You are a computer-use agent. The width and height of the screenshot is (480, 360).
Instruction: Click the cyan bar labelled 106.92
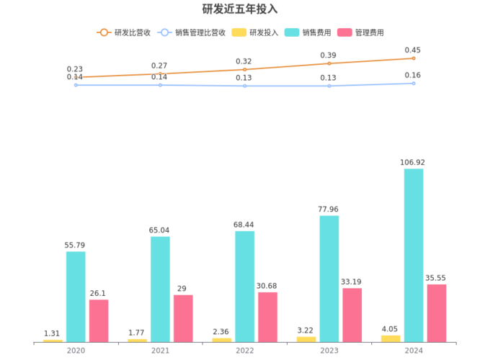point(414,255)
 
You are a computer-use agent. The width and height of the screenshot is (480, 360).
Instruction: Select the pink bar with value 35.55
point(436,312)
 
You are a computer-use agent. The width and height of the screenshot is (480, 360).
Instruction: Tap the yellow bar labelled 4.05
point(391,338)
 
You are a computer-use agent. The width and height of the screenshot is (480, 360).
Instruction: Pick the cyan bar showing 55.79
point(76,296)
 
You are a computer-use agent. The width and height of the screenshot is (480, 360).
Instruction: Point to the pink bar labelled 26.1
point(99,320)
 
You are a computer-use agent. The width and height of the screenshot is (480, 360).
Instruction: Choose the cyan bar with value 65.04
point(160,289)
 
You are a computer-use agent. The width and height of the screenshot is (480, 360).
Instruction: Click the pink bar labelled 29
point(183,318)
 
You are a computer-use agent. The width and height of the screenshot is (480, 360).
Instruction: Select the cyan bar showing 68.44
point(244,286)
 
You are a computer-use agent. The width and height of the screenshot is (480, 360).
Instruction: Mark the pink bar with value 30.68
point(267,316)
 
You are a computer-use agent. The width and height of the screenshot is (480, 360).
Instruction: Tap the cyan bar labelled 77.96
point(329,278)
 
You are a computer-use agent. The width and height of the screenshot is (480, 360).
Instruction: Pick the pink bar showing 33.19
point(352,315)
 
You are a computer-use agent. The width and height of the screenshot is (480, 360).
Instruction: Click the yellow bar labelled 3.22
point(306,338)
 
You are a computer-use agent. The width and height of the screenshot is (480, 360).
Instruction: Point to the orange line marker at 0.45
point(414,58)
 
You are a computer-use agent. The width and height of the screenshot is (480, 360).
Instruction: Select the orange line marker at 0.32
point(244,69)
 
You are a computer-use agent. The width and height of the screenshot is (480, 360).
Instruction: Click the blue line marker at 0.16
point(414,84)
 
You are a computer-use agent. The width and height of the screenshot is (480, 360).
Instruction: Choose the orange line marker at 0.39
point(329,63)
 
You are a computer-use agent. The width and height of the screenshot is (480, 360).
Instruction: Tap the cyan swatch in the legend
point(292,32)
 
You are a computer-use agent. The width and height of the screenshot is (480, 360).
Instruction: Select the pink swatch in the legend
point(345,32)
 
